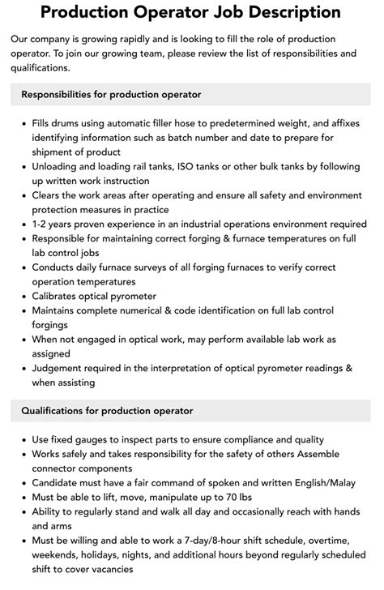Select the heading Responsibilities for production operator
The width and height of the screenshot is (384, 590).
tap(112, 95)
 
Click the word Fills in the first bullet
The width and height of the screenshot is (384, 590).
tap(44, 124)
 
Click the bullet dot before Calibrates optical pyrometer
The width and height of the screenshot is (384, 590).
tap(23, 296)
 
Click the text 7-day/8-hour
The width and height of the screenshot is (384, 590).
tap(221, 541)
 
